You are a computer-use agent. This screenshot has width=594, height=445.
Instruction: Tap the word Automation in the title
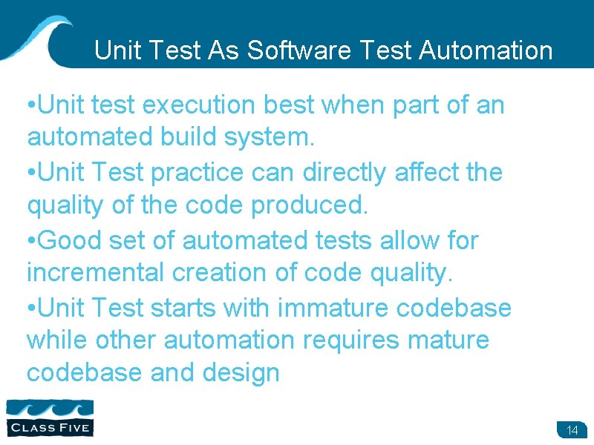486,50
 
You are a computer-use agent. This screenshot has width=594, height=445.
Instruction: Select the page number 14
572,431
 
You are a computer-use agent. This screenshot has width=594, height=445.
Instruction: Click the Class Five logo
50,417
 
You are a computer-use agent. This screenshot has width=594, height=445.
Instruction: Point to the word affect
422,173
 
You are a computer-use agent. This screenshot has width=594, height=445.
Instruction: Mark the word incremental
96,273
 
